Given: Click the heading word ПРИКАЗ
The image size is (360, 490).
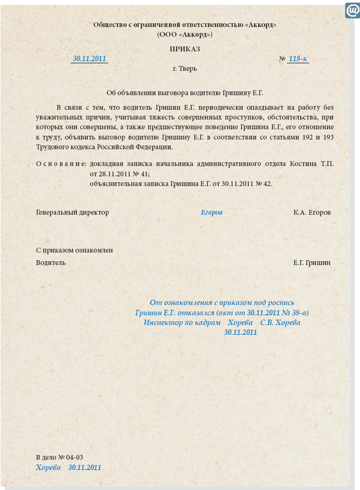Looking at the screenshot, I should pos(185,49).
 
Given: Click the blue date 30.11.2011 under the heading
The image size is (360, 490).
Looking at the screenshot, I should pos(89,58).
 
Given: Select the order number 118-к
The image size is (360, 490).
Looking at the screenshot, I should pos(298,58).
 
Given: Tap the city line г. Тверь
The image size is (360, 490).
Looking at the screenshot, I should pos(185,69).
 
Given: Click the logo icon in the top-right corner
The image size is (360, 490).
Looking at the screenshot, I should pos(352,10).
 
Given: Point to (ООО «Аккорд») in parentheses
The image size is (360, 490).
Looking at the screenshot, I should pos(185,34).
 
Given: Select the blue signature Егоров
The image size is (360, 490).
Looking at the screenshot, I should pos(212,213).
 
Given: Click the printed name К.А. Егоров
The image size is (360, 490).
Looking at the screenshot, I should pos(312,213).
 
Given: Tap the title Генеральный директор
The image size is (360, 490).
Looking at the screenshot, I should pos(73,213).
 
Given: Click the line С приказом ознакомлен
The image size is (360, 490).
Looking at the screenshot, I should pos(74,250).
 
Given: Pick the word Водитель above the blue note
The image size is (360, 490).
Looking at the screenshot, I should pos(51,263).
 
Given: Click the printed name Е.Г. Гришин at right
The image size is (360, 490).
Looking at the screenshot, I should pos(312,263).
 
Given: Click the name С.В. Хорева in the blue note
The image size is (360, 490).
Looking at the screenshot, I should pos(280,322).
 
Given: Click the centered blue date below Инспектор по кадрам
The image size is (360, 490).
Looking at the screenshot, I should pos(240,332).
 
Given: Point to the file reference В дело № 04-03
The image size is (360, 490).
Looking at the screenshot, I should pos(60,457).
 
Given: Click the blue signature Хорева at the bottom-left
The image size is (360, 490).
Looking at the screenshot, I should pos(48,467).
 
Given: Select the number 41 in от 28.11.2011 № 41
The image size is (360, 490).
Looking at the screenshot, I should pos(143,174).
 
